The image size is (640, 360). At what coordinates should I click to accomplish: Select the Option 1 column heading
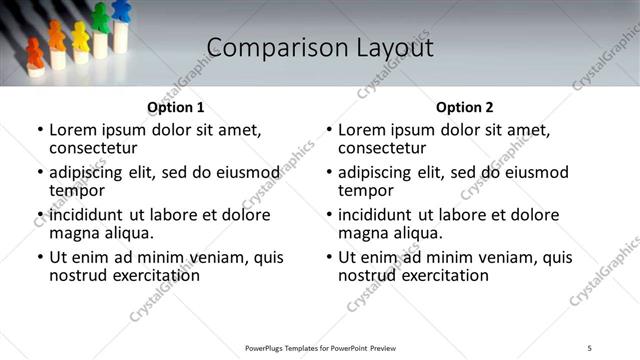tap(175, 107)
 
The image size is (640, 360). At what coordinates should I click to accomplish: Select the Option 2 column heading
tap(464, 107)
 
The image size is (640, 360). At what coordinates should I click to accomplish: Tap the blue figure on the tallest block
tap(121, 11)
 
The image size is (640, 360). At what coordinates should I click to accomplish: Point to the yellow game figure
tap(80, 36)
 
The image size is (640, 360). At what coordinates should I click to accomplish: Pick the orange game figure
tap(57, 37)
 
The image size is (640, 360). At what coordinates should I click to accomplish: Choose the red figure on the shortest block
tap(35, 53)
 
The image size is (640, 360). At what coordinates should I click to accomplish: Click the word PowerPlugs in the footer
tap(268, 348)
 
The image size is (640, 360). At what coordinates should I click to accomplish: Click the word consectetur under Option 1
tap(93, 148)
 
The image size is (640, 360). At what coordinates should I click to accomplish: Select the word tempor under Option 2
tap(363, 190)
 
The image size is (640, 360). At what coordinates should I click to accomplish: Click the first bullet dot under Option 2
tap(329, 130)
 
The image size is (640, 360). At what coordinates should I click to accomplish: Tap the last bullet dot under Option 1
tap(40, 257)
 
